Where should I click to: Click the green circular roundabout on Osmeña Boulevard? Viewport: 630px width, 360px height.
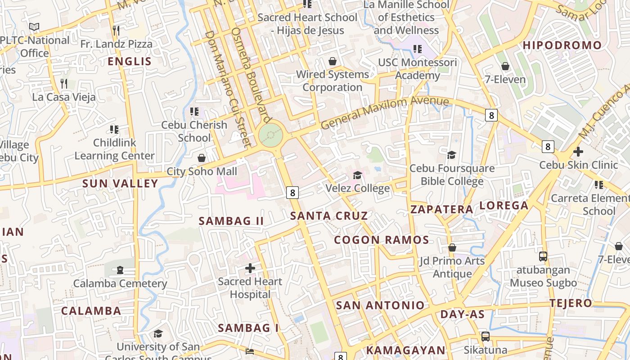pos(271,134)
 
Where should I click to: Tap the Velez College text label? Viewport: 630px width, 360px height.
pos(358,188)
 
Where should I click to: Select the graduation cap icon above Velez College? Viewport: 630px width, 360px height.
pos(358,175)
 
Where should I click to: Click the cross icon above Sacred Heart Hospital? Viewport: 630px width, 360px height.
pos(250,268)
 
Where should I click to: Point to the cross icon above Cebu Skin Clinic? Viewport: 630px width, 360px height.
pos(578,152)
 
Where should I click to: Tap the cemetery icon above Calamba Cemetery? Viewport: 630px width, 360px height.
pos(120,270)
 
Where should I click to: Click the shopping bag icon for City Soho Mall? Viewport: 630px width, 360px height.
pos(202,158)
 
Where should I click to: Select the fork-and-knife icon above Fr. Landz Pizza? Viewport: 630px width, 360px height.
pos(116,30)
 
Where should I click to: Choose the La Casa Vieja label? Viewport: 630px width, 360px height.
pos(64,97)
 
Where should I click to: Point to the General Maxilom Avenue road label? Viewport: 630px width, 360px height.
pos(385,112)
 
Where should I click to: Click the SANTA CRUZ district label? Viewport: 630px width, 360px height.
pos(329,216)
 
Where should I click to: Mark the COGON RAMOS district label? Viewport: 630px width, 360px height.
pos(382,240)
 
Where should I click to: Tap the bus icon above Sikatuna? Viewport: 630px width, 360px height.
pos(485,336)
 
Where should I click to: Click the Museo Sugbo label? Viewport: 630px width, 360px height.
pos(543,283)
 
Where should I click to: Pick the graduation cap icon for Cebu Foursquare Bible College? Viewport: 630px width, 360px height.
pos(451,155)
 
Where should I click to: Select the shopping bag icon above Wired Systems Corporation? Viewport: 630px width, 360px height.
pos(333,61)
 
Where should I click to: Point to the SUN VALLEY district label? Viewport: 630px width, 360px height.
pos(121,183)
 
